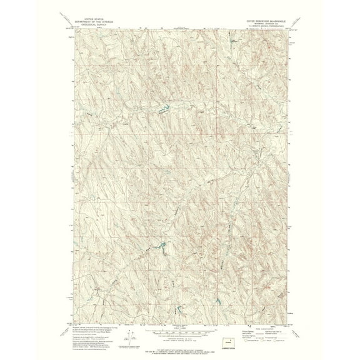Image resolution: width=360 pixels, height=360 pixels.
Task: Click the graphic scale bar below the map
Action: [180, 327]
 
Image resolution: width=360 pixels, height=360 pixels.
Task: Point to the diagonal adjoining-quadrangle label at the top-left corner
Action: [70, 29]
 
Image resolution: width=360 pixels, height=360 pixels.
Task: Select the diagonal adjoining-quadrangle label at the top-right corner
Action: [289, 29]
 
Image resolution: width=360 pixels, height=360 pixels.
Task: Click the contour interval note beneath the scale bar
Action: [180, 332]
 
